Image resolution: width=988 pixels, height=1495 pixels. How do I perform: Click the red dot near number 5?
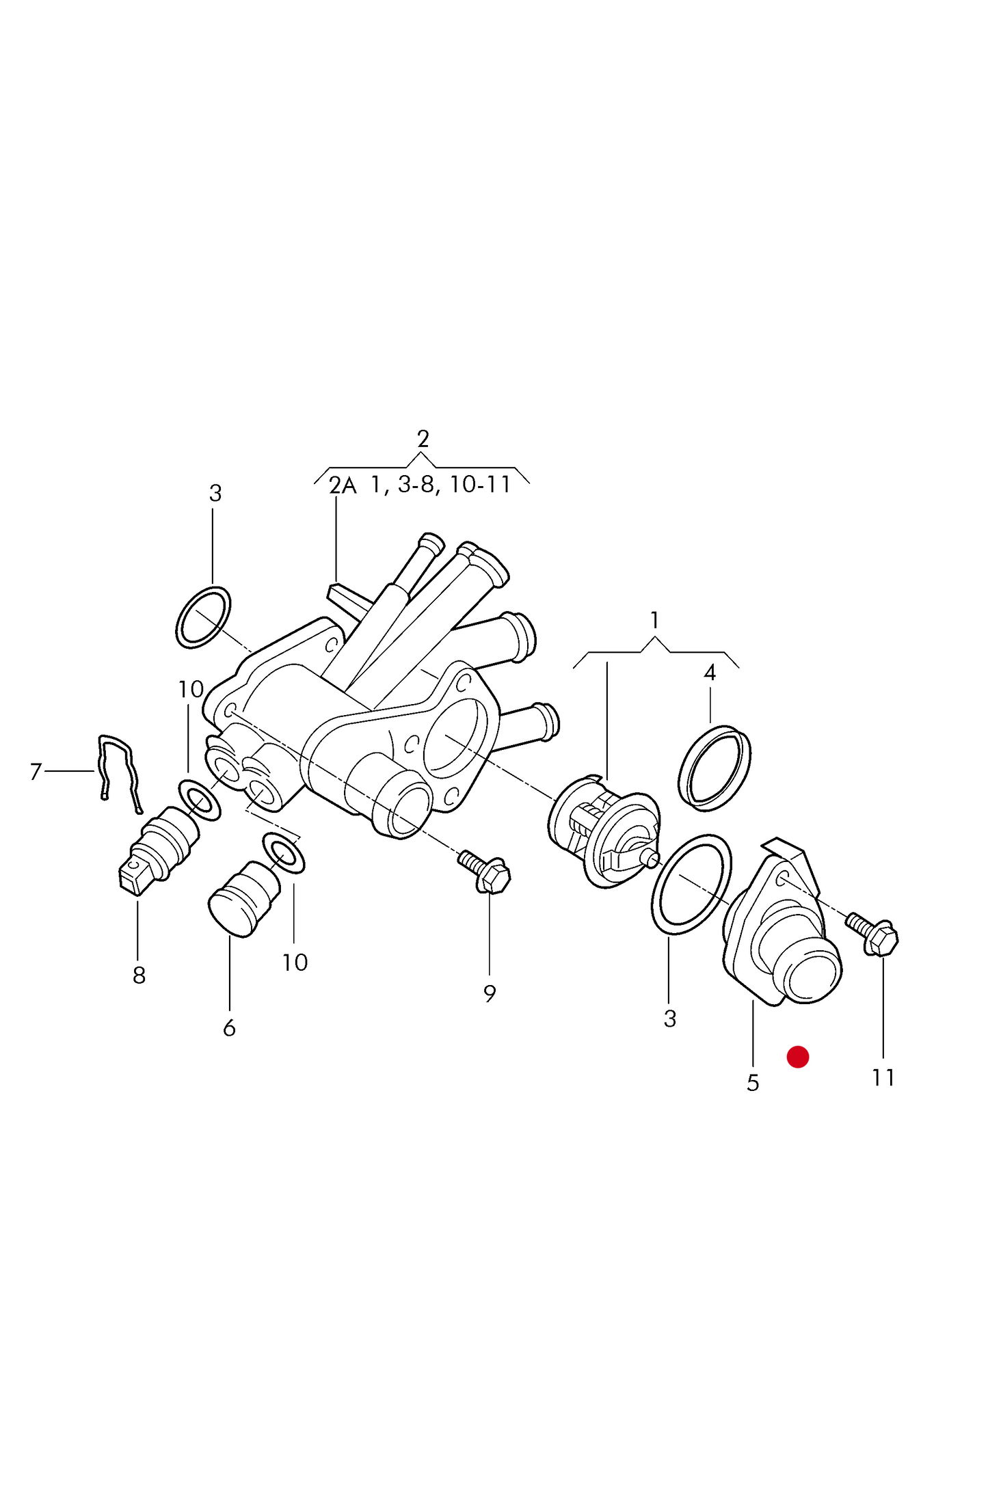[x=797, y=1056]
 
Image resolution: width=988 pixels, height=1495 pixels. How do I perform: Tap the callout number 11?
[x=883, y=1077]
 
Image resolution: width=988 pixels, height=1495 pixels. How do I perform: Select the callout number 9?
[x=490, y=993]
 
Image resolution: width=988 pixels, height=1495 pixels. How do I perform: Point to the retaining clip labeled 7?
[x=118, y=772]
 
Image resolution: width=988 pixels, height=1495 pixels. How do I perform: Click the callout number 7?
[x=36, y=772]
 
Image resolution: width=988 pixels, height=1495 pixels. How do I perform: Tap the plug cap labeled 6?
[x=243, y=898]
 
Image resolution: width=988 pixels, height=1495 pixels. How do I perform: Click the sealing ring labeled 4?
[x=715, y=768]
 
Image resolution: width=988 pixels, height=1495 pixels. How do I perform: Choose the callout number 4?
[x=710, y=673]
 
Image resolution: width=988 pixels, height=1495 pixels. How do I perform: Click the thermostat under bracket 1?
[x=605, y=830]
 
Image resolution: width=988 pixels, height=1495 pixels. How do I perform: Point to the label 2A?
[x=343, y=485]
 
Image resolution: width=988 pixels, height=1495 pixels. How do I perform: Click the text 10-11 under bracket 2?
[x=480, y=485]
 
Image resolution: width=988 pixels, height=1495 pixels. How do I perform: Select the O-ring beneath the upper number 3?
[x=203, y=617]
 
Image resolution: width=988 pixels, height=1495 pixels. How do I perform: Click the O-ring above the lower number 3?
[x=691, y=884]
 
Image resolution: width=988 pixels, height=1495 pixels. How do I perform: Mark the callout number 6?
[x=229, y=1027]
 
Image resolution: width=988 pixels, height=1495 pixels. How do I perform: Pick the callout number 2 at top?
[x=423, y=439]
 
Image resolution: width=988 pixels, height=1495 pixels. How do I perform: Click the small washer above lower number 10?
[x=284, y=852]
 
